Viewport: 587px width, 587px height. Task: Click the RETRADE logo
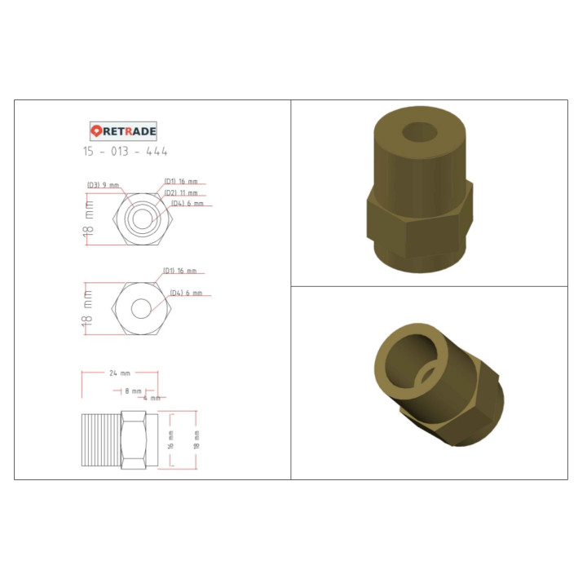click(123, 130)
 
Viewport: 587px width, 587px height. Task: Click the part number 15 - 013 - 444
click(125, 152)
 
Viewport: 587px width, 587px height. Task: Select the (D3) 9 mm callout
click(103, 185)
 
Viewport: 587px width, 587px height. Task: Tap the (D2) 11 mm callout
click(181, 192)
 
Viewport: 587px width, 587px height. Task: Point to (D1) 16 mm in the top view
click(180, 181)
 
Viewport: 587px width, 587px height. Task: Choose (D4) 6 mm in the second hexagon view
click(185, 293)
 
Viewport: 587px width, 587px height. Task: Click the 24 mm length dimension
click(119, 373)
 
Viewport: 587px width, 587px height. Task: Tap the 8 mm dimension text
click(132, 391)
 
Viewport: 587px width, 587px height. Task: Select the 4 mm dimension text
click(152, 399)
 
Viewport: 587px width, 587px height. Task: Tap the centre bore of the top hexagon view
click(142, 218)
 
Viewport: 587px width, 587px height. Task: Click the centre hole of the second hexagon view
click(141, 308)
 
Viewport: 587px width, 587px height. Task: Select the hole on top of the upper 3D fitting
click(421, 133)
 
